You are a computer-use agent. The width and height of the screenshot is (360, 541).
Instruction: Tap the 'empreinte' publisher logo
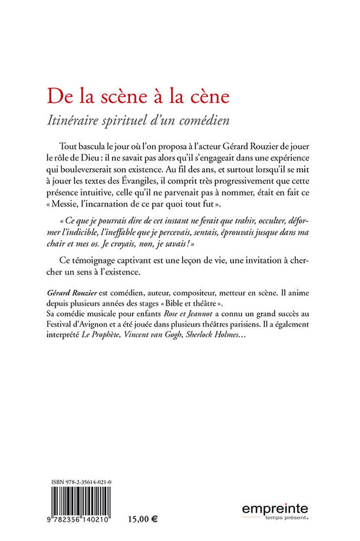coord(275,511)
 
